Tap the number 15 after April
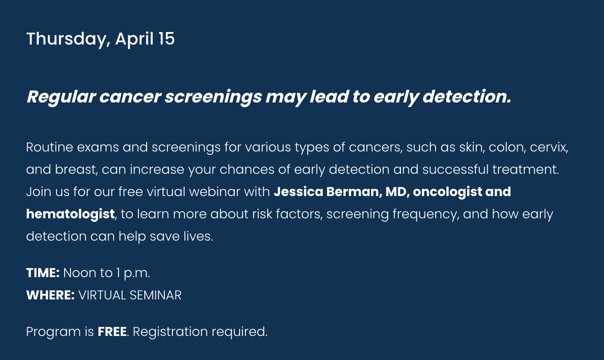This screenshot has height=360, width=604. pos(167,39)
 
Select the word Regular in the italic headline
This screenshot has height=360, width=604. pos(61,97)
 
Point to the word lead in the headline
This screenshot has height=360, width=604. pos(329,96)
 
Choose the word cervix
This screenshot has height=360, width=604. pos(549,147)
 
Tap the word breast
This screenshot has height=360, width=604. pos(76,170)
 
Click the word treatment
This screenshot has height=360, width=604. pos(526,170)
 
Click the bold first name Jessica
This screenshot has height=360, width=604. pos(298,192)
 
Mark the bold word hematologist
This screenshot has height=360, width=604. pos(70,214)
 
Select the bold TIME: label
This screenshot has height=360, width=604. pos(43,273)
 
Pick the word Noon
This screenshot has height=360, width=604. pos(80,273)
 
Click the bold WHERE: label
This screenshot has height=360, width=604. pos(50,295)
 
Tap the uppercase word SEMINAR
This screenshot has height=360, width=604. pos(155,295)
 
